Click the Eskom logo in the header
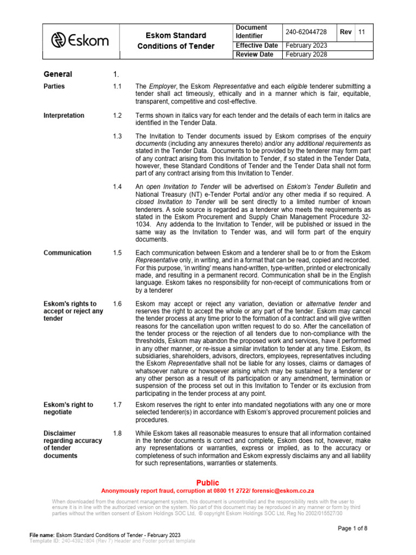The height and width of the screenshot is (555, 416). click(80, 41)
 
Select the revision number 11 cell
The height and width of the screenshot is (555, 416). click(362, 32)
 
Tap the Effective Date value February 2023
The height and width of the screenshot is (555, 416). click(306, 46)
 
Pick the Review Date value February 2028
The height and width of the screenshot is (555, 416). click(306, 55)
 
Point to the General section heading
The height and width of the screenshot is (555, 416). click(57, 74)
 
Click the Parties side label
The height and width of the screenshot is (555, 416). click(54, 86)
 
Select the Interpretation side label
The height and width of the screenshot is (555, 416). click(64, 115)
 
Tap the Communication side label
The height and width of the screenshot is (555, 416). click(67, 253)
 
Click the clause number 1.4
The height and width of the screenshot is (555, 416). click(118, 186)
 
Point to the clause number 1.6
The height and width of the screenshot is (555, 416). click(118, 304)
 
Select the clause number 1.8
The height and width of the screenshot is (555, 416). click(118, 433)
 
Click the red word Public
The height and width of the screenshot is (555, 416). click(207, 482)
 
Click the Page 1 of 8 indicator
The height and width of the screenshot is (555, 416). click(353, 528)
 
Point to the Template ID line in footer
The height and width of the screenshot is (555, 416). click(112, 541)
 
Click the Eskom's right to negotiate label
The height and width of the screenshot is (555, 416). click(68, 408)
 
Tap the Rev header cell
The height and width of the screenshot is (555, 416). click(346, 32)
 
